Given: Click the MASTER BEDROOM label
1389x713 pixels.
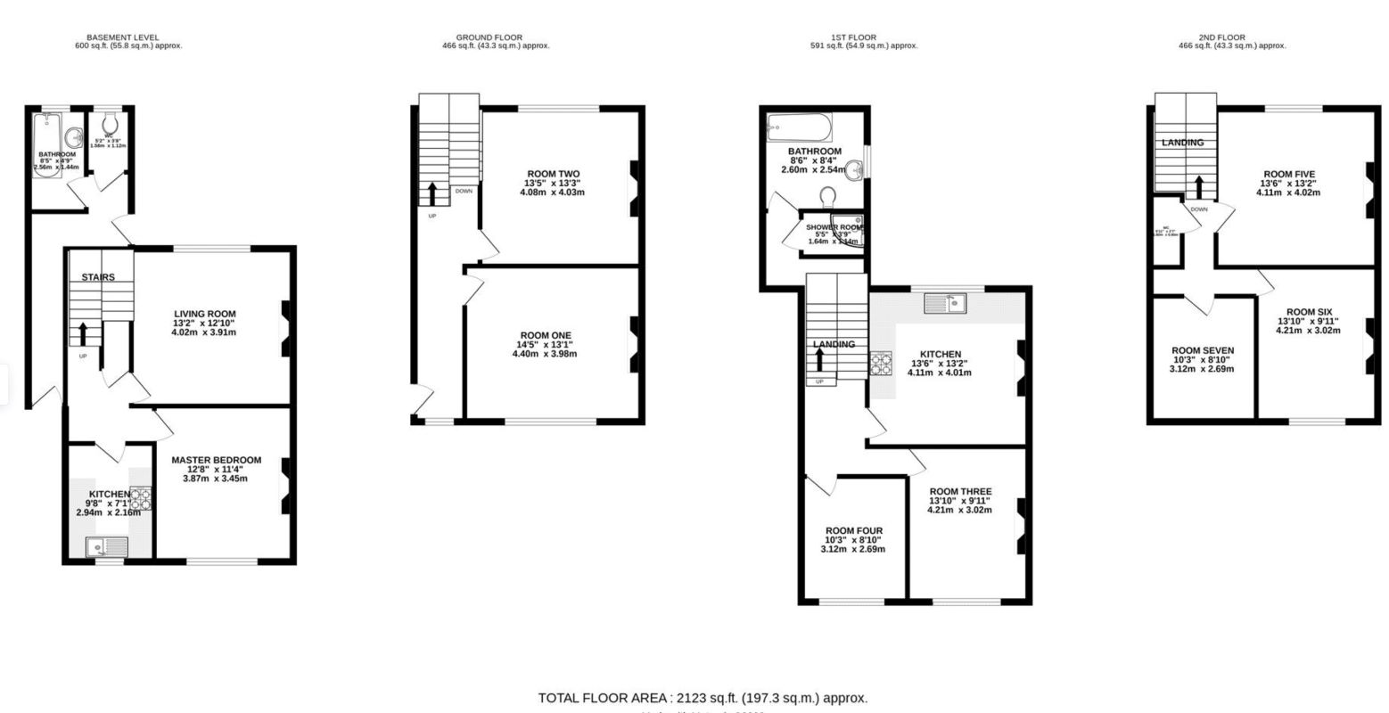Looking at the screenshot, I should coord(216,460).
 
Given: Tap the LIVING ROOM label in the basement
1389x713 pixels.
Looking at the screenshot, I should coord(205,314).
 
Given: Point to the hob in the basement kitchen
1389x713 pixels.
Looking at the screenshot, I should coord(141,499).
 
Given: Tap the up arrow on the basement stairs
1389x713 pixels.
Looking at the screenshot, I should coord(83,333).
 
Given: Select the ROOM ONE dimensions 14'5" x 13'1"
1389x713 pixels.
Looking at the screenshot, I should coord(544,345).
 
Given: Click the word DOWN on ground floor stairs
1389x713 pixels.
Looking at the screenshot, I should coord(464,191).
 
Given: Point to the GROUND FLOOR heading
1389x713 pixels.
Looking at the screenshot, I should coord(489,37).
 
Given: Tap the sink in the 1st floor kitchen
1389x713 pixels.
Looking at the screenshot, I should coord(946,304).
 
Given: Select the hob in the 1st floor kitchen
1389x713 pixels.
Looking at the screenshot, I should coord(882,364).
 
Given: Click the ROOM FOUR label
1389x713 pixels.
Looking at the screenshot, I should coord(853,530).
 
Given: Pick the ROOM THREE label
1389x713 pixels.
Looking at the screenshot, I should coord(959,492).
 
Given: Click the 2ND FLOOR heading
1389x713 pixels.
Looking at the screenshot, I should coord(1231,37).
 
